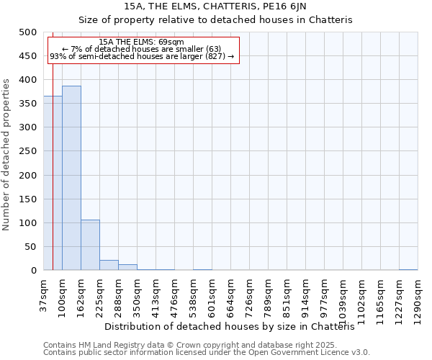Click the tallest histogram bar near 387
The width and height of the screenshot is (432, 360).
tap(71, 178)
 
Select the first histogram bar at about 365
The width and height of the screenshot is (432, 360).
tap(53, 183)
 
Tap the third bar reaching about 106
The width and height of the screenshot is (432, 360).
tap(90, 245)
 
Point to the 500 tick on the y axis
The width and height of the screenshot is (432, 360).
tap(28, 32)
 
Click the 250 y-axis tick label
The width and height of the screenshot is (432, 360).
tap(28, 151)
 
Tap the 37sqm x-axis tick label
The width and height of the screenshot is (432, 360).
tap(43, 296)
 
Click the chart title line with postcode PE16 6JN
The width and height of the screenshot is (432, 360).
tap(215, 6)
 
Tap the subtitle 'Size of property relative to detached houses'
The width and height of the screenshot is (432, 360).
tap(215, 20)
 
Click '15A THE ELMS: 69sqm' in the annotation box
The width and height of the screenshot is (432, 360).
tap(141, 42)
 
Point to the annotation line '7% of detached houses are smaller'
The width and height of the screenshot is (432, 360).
tap(141, 49)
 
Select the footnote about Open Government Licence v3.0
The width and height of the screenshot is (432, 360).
tap(207, 353)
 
